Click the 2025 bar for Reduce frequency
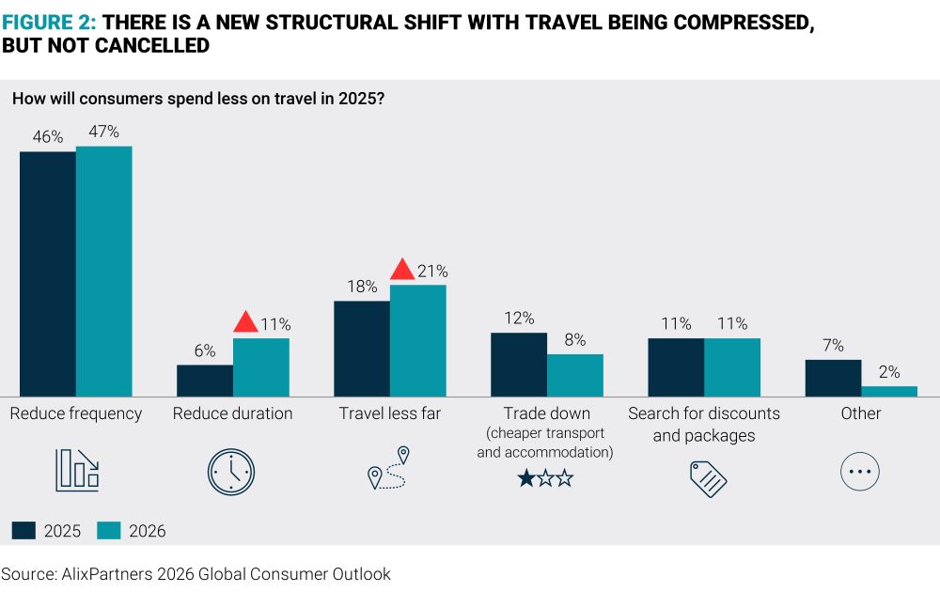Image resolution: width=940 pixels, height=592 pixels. click(x=48, y=273)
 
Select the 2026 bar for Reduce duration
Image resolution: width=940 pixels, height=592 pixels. click(x=261, y=367)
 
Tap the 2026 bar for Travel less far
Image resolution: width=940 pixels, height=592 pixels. click(x=418, y=340)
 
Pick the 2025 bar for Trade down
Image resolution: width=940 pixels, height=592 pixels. click(x=519, y=365)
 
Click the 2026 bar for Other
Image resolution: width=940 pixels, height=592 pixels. click(x=889, y=391)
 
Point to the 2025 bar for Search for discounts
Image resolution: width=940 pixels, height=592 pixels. click(x=676, y=367)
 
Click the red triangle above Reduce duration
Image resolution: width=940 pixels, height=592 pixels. click(x=245, y=321)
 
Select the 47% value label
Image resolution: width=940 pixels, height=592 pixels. click(x=103, y=132)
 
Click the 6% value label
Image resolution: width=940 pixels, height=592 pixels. click(x=205, y=351)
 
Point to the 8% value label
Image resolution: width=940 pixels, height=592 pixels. click(x=575, y=340)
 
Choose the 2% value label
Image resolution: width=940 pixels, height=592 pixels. click(x=889, y=372)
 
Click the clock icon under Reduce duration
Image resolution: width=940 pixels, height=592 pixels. click(x=231, y=471)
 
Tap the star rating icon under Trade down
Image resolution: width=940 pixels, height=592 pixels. click(x=544, y=478)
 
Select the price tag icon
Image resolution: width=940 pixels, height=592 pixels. click(x=709, y=477)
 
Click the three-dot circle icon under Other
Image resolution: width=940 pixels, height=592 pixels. click(x=860, y=471)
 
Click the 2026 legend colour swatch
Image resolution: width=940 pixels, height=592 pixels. click(x=108, y=531)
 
